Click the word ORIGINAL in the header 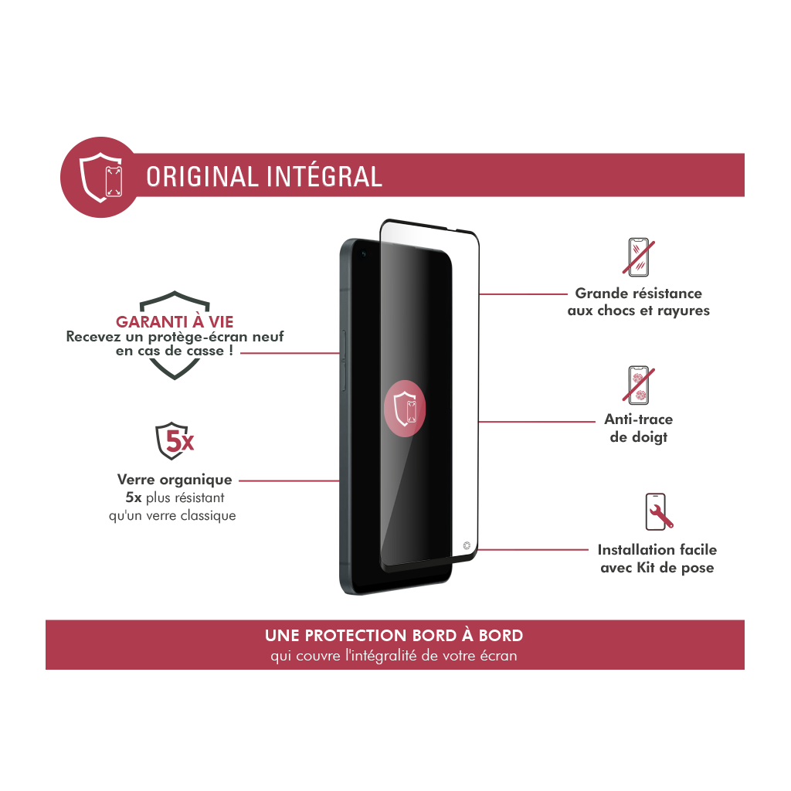(x=202, y=177)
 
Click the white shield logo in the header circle (x=101, y=178)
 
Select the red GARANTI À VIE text (x=175, y=321)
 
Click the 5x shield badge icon (x=174, y=441)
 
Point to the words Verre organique (x=175, y=479)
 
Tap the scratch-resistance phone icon (x=638, y=256)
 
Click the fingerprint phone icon (x=638, y=385)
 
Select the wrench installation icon (x=658, y=511)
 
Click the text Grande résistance (x=638, y=293)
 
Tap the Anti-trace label (x=638, y=419)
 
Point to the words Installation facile (x=657, y=549)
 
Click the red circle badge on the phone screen (x=405, y=409)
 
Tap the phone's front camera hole (x=363, y=253)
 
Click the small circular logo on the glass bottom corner (x=467, y=545)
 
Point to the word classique (x=208, y=515)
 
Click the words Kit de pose (x=675, y=568)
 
